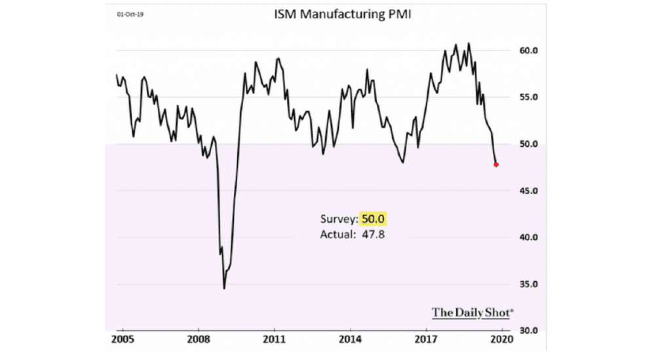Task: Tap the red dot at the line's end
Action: pyautogui.click(x=496, y=165)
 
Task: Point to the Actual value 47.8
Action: pyautogui.click(x=371, y=233)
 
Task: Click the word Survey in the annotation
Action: pyautogui.click(x=337, y=220)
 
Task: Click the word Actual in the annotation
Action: pyautogui.click(x=337, y=233)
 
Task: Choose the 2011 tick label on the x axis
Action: pyautogui.click(x=274, y=342)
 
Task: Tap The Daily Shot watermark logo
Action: pyautogui.click(x=472, y=312)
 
